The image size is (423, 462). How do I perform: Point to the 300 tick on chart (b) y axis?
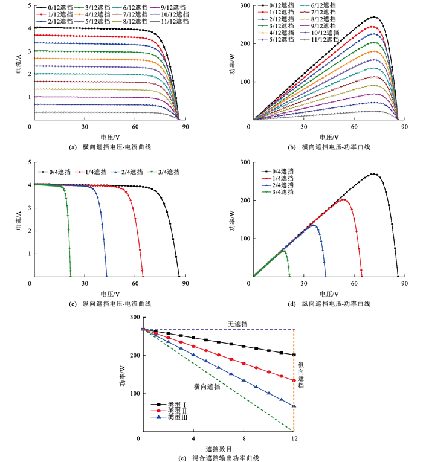coord(244,5)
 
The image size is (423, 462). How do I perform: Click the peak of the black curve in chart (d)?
coord(374,174)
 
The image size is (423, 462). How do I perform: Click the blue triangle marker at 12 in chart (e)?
coord(294,406)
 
